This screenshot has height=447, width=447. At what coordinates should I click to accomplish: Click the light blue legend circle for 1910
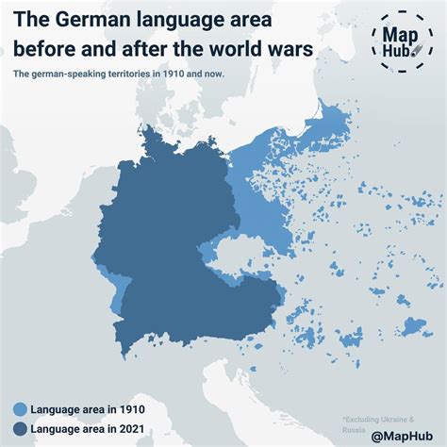19,409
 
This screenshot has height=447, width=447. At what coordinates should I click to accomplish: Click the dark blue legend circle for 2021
19,430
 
